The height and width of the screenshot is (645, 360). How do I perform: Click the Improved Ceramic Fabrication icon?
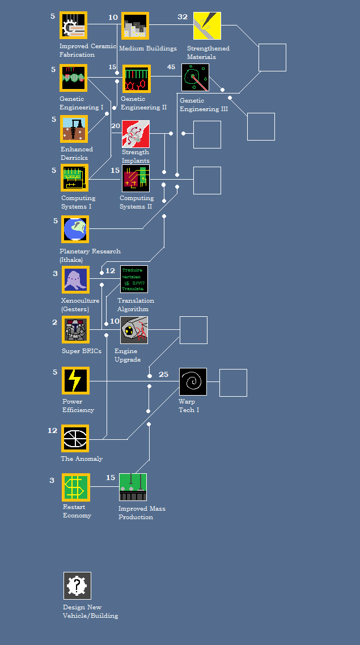point(74,26)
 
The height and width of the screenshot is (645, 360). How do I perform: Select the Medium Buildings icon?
point(135,26)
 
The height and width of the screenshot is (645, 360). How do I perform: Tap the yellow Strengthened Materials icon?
point(207,26)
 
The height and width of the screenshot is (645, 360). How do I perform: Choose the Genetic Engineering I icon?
point(74,78)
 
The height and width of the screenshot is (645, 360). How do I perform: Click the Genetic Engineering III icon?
point(195,78)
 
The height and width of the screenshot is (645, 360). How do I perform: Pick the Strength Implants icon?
point(135,134)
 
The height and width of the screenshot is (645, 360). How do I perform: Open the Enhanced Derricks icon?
point(74,129)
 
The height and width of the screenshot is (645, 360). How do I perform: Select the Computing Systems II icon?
point(135,179)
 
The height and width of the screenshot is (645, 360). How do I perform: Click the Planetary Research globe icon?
point(75,229)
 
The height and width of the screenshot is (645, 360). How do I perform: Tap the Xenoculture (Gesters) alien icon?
point(75,280)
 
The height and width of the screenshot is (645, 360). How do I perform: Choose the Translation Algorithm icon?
point(134,279)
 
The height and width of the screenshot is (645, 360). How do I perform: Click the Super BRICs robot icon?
point(75,330)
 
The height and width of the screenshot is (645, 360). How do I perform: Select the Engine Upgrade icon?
point(134,330)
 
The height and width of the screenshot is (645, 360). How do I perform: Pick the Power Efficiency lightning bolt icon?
point(75,380)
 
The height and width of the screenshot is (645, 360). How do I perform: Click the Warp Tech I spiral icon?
point(193,381)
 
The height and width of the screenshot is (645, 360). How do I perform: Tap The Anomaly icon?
point(75,439)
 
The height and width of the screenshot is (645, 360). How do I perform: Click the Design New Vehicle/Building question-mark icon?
point(77,585)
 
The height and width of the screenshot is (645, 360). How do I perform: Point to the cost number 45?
point(171,67)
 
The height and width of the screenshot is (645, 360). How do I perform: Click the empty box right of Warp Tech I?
point(233,383)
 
